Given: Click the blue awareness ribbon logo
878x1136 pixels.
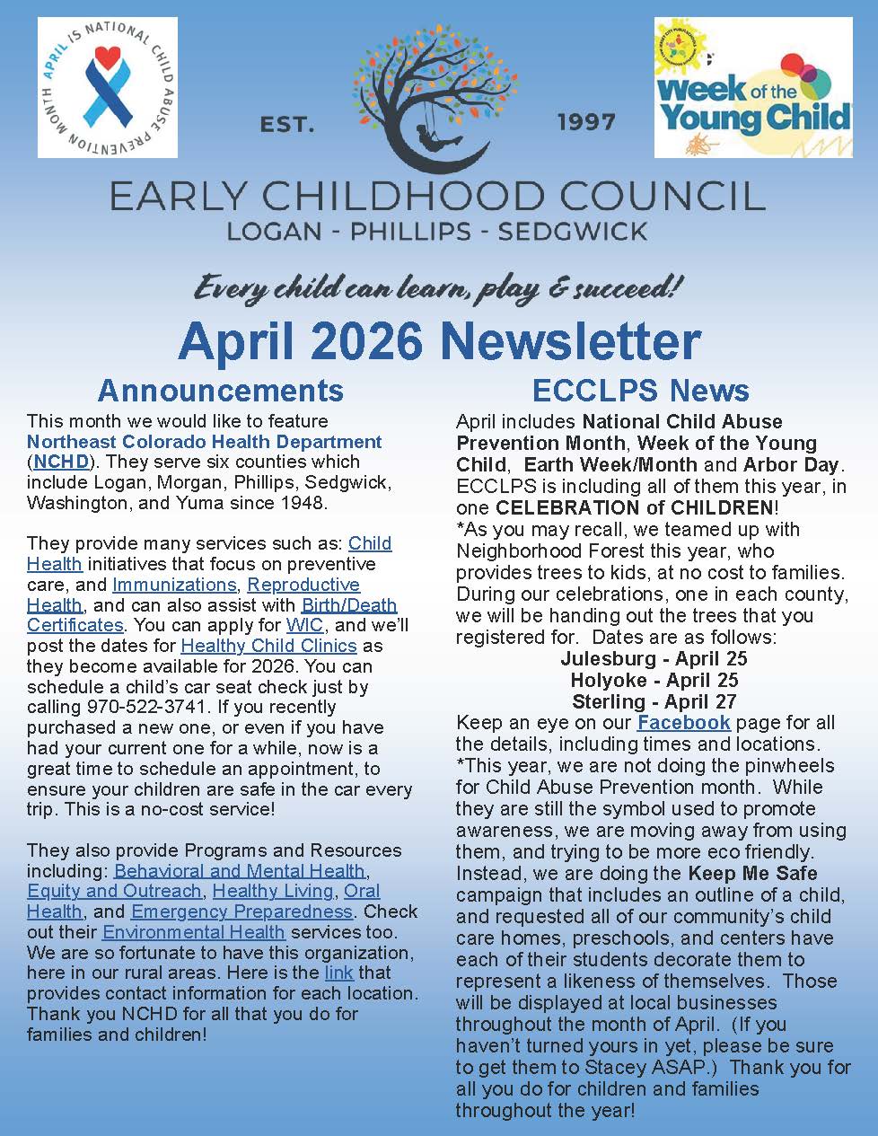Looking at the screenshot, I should (x=107, y=87).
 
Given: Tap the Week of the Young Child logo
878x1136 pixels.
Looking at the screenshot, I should (x=752, y=88).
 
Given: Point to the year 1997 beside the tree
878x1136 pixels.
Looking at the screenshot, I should (x=586, y=122).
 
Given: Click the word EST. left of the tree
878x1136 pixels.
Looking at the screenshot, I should (x=287, y=125).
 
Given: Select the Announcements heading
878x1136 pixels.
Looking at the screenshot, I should (x=220, y=390).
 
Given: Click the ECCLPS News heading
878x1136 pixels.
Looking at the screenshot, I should (x=640, y=390).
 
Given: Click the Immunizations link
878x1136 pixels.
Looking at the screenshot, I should (x=174, y=585).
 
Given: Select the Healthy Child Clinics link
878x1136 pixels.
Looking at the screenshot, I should (x=268, y=646).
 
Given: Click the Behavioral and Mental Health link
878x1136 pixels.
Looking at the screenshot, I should (x=240, y=870).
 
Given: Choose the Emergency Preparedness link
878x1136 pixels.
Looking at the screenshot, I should (x=241, y=911).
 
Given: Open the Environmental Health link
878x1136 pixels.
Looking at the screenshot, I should (x=194, y=932).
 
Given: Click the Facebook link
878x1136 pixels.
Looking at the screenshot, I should (x=683, y=723).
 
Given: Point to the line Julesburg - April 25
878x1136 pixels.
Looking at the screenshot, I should (x=653, y=658).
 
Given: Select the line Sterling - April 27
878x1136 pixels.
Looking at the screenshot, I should (x=653, y=701).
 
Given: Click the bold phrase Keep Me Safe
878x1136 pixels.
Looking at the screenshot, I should (x=752, y=873).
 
